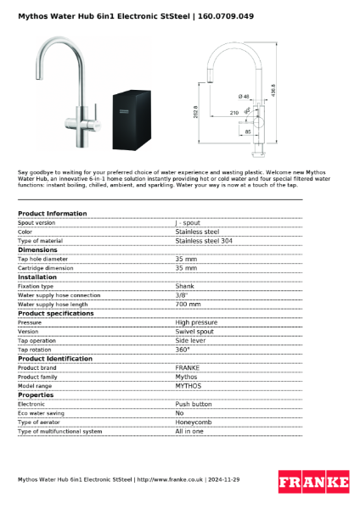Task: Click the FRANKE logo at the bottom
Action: click(x=313, y=482)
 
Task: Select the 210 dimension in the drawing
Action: click(x=233, y=112)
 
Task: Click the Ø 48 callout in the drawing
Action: click(x=244, y=96)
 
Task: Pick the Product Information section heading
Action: click(x=53, y=214)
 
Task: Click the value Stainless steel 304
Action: click(x=204, y=241)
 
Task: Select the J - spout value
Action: click(x=188, y=222)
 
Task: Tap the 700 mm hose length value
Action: click(x=188, y=304)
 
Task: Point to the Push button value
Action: click(x=194, y=404)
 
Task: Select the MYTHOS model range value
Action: click(x=188, y=385)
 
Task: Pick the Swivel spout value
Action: click(x=194, y=332)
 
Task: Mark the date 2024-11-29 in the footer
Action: click(x=220, y=480)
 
